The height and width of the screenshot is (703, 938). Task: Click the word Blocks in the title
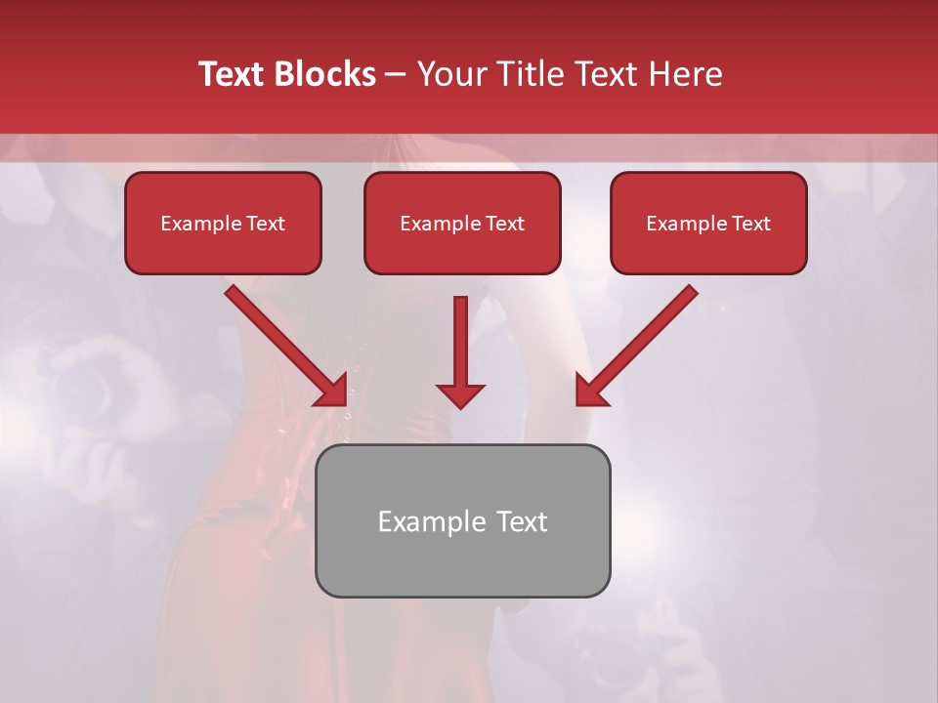tap(324, 74)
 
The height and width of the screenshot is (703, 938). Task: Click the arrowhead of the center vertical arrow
tap(460, 395)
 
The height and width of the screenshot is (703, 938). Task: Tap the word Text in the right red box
tap(750, 224)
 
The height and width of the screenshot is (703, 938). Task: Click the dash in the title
tap(396, 74)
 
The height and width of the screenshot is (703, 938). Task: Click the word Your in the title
tap(448, 74)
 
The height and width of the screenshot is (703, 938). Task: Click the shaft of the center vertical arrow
tap(460, 337)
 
